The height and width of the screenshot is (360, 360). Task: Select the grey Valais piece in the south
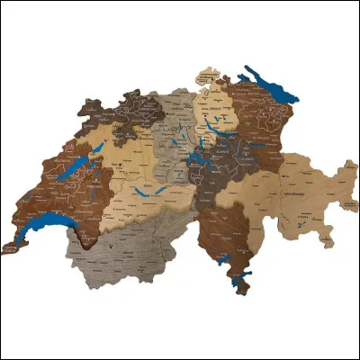click(135, 247)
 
